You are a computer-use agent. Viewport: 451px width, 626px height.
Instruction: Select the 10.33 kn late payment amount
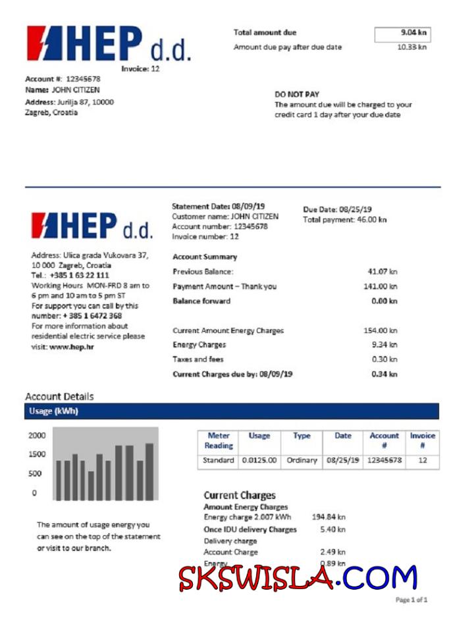coord(411,47)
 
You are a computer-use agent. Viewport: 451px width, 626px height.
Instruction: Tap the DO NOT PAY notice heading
coord(296,94)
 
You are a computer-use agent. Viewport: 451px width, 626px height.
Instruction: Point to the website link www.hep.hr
coord(72,346)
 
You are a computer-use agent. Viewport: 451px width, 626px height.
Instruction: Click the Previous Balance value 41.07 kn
coord(383,271)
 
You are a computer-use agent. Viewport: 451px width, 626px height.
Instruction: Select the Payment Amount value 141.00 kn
coord(381,286)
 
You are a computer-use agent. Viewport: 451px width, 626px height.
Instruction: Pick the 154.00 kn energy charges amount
coord(381,330)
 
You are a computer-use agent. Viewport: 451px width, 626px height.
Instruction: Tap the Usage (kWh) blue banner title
coord(53,411)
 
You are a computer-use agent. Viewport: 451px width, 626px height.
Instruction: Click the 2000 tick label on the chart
coord(37,436)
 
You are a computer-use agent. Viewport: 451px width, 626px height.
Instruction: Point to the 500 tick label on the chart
coord(35,473)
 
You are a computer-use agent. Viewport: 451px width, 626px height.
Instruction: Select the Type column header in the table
coord(302,436)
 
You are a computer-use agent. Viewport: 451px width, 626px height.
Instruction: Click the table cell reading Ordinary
coord(302,461)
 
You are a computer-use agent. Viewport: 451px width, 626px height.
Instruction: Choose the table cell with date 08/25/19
coord(343,461)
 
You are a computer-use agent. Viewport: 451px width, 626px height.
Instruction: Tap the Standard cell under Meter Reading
coord(219,461)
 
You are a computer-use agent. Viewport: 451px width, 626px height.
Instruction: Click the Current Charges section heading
coord(240,495)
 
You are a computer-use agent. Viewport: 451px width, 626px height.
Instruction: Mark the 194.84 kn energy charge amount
coord(329,517)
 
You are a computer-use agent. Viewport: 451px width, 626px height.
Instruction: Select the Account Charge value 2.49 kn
coord(332,552)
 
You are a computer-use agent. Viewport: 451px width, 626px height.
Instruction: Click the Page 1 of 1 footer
coord(411,600)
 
